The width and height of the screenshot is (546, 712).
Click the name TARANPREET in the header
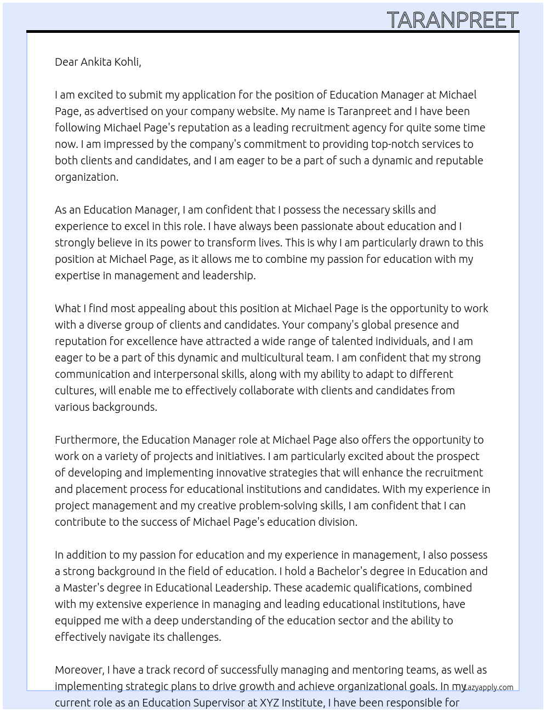(452, 20)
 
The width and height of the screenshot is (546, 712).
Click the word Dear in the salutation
(66, 62)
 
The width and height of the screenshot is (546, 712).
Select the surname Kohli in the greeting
(127, 62)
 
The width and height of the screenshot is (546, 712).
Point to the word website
(257, 111)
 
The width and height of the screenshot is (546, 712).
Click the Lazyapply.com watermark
(488, 687)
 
